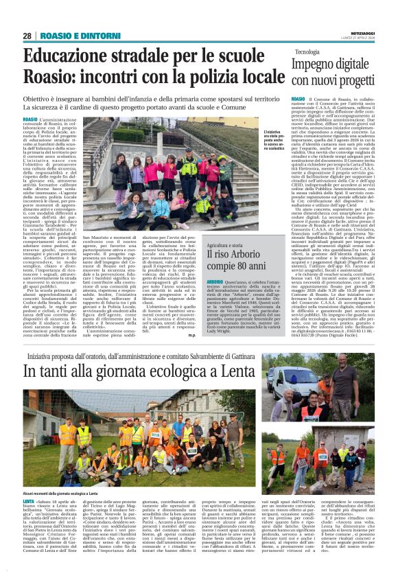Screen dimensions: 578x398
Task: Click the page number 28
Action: pyautogui.click(x=27, y=36)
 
